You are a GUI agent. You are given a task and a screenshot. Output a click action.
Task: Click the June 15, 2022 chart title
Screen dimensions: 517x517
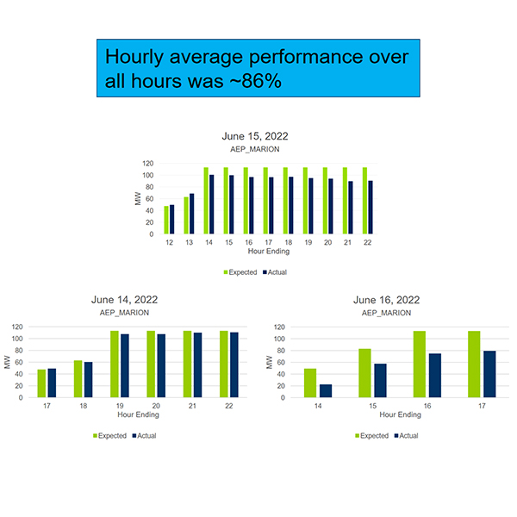254,136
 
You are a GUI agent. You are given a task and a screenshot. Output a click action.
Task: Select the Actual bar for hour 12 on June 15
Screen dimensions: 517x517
171,219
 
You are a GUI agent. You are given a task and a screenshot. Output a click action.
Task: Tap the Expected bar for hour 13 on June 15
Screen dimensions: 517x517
185,215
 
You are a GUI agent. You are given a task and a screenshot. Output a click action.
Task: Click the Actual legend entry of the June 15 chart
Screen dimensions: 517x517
274,272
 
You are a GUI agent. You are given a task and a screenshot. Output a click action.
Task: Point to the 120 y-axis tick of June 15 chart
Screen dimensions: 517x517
148,164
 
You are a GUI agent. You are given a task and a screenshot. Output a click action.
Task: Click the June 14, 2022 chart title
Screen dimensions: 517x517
124,300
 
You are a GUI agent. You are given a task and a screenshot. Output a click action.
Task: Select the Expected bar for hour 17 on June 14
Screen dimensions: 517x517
41,383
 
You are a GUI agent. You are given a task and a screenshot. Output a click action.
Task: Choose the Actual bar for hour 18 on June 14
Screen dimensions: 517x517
88,380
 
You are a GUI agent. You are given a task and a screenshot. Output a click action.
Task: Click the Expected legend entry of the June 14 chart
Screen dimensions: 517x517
109,436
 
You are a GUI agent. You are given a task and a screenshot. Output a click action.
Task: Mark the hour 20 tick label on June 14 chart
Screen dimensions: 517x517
155,405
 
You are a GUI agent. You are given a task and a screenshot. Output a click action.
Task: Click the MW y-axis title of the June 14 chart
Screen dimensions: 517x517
7,363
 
